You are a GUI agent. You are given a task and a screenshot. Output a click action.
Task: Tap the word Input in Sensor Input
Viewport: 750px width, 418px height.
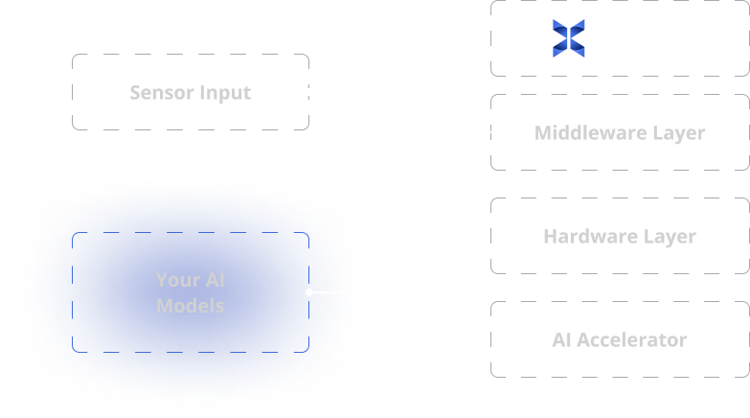click(225, 93)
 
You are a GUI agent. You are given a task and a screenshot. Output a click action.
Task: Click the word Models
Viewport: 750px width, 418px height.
click(190, 306)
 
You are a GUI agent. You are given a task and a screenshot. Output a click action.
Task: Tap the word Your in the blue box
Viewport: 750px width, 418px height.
click(177, 280)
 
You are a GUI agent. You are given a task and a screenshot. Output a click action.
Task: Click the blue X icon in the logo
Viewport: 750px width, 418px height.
click(569, 38)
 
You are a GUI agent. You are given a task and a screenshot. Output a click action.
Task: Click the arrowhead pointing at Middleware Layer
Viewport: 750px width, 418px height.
click(486, 132)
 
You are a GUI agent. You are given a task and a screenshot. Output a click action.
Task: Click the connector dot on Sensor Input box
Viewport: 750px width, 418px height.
click(308, 92)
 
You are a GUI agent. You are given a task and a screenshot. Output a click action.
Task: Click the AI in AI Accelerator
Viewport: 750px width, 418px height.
click(562, 339)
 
